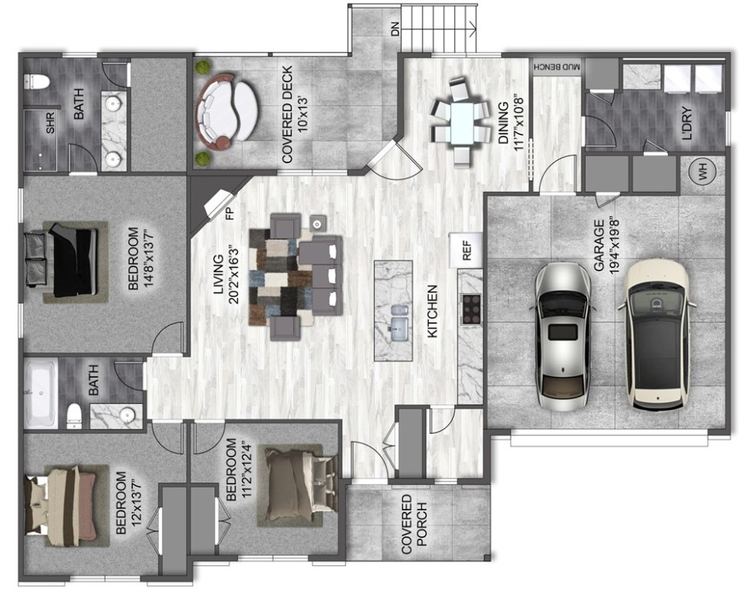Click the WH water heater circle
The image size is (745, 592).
click(703, 175)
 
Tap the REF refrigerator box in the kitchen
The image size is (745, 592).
click(466, 250)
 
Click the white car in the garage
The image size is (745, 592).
click(656, 333)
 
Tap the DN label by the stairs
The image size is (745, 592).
click(396, 30)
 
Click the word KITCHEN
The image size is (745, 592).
click(432, 311)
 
